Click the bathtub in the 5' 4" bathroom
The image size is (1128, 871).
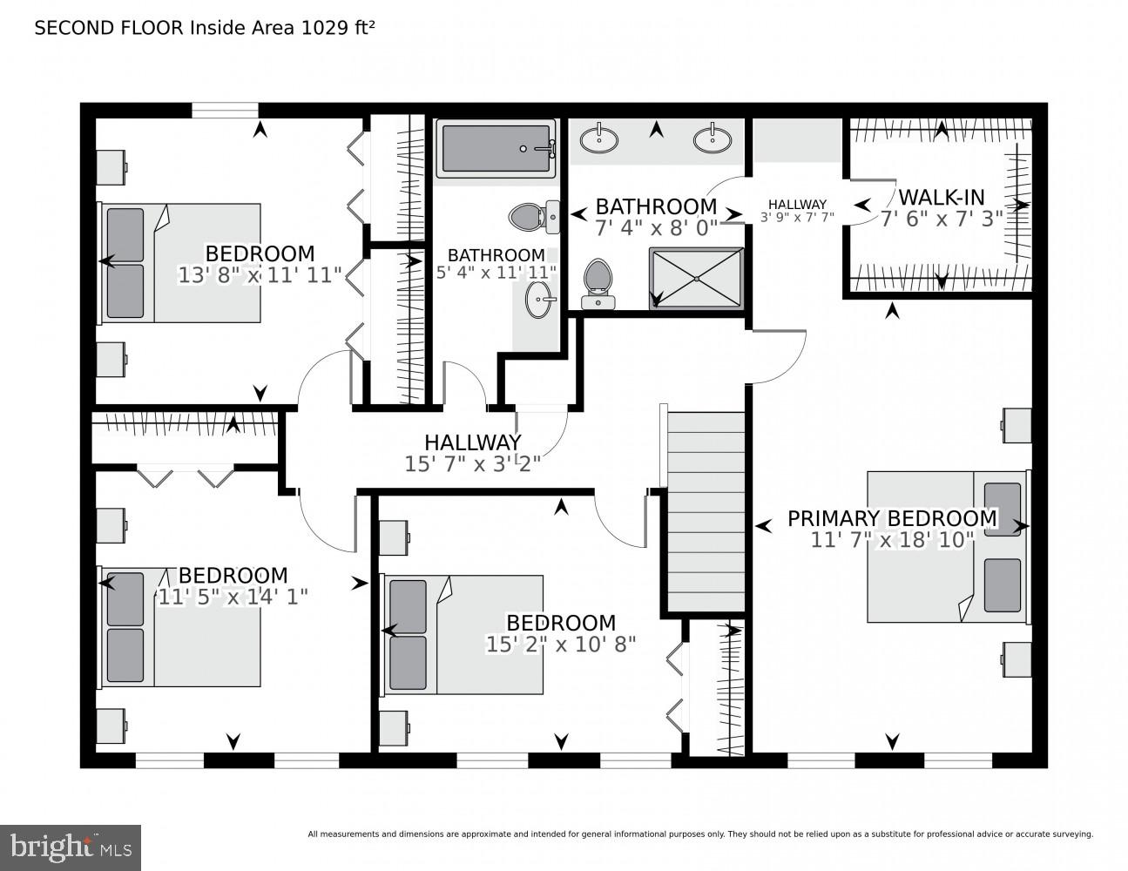pos(496,149)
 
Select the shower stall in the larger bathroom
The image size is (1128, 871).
pos(697,278)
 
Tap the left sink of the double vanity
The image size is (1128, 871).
pos(599,138)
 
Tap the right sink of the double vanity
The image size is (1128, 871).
pos(713,138)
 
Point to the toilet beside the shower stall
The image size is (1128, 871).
pos(598,283)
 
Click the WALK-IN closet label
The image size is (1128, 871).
pos(942,196)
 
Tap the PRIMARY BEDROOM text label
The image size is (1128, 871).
pos(892,518)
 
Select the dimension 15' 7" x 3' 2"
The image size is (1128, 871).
pos(473,464)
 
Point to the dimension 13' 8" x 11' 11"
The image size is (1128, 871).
pos(260,276)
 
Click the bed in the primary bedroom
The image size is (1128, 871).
pos(948,547)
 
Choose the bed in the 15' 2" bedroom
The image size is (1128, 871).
pos(463,634)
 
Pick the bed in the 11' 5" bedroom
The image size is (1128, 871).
pos(181,626)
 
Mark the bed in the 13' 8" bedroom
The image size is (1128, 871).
pos(181,263)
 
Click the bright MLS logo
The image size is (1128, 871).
pos(71,847)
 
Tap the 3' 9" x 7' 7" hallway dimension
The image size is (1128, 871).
pos(797,218)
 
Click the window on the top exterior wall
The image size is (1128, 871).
pos(225,110)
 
